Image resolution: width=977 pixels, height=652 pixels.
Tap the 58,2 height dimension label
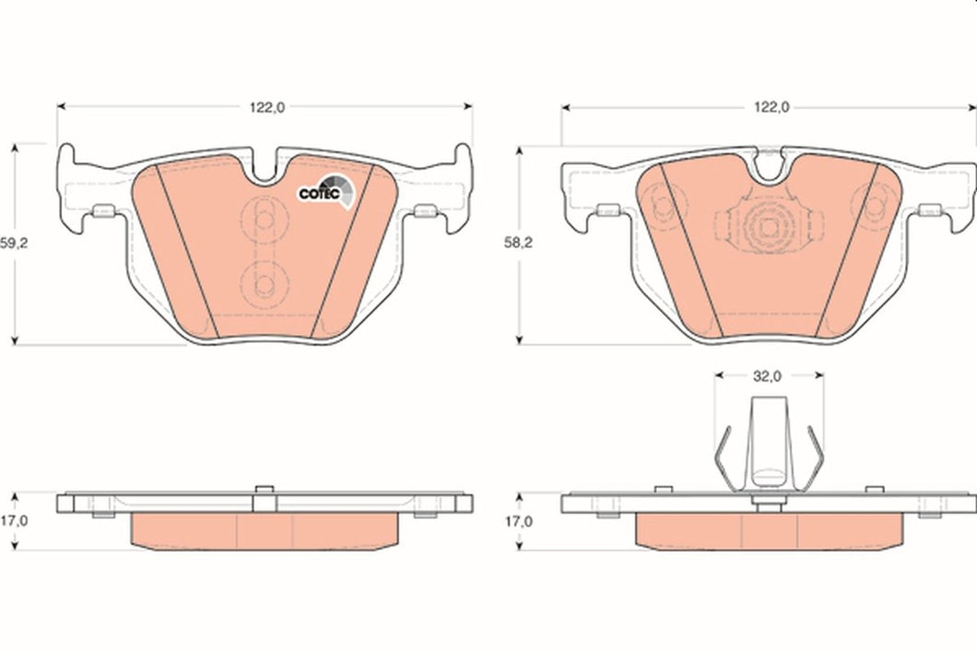coord(517,244)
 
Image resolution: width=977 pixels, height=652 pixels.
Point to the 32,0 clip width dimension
coord(769,376)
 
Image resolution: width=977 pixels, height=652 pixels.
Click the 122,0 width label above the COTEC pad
coord(267,107)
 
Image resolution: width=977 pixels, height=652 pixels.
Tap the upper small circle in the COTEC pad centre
coord(263,219)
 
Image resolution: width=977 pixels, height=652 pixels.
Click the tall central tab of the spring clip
coord(768,443)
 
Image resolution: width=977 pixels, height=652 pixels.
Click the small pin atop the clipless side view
coord(262,490)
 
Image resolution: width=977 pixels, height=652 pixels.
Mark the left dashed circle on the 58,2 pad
coord(663,203)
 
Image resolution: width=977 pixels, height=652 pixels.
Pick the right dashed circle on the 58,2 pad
coord(867,203)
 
